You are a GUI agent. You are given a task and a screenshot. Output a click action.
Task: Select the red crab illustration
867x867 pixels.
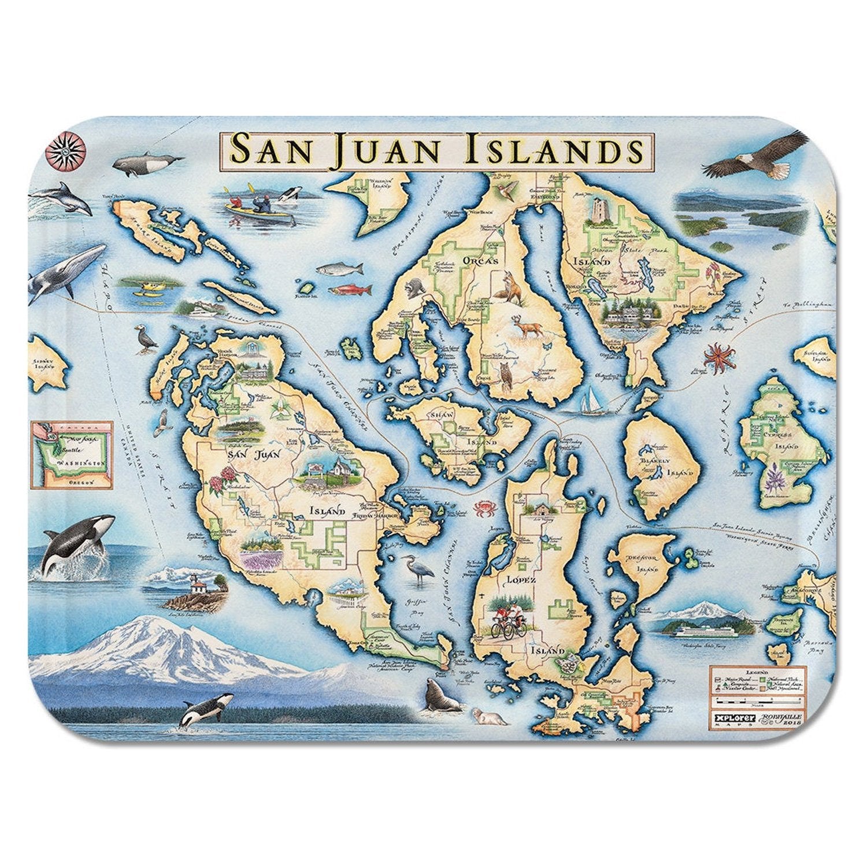(x=482, y=508)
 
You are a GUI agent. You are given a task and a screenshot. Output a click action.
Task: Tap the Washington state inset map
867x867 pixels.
(x=72, y=454)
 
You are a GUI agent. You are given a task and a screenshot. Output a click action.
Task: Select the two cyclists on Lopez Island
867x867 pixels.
(x=510, y=622)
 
